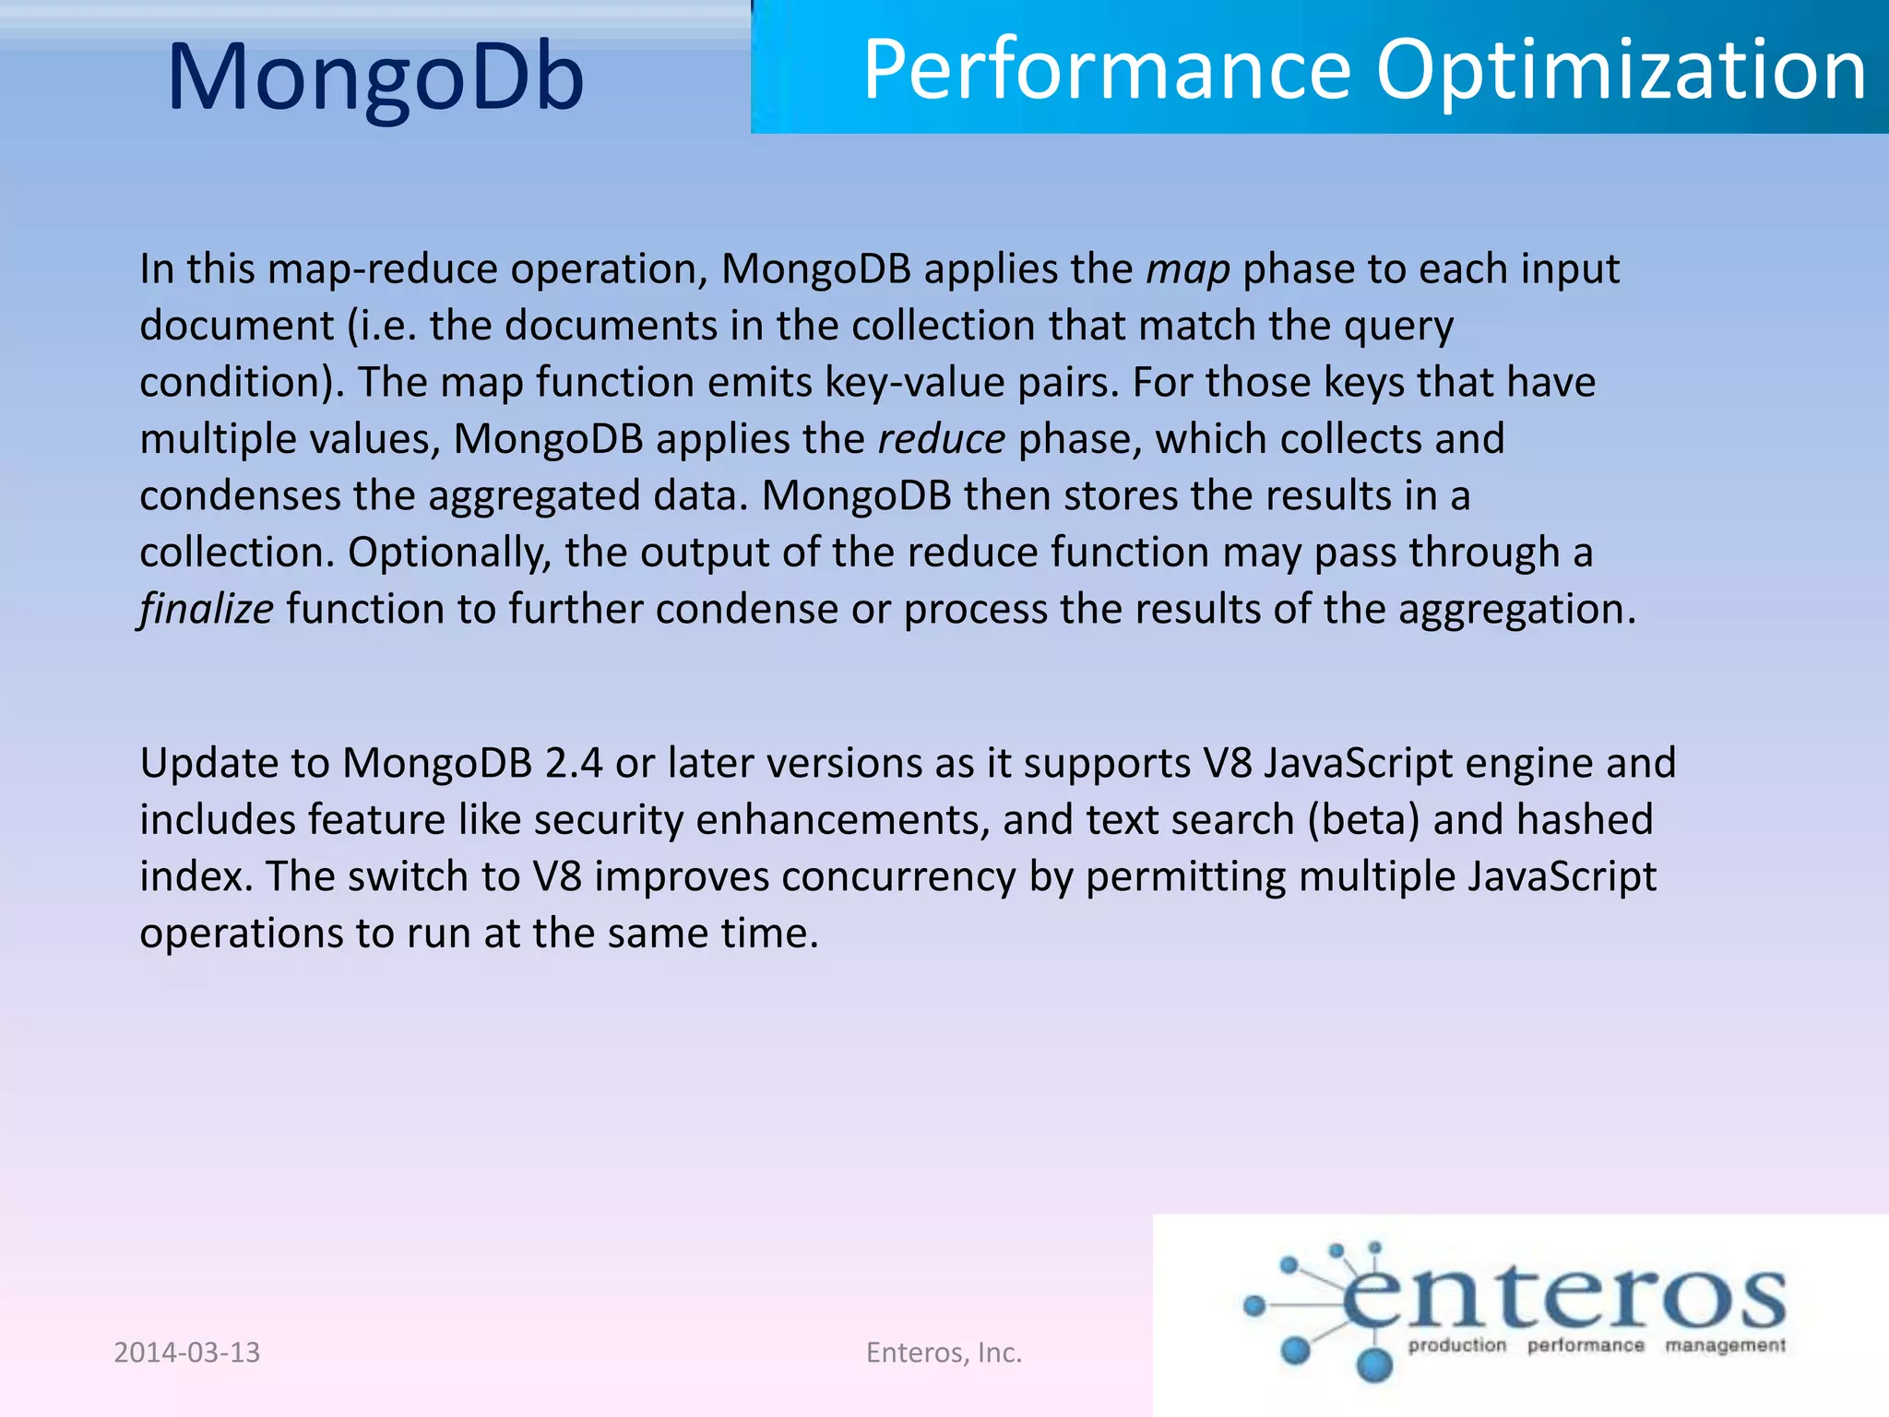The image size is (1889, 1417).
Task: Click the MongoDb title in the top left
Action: pyautogui.click(x=375, y=77)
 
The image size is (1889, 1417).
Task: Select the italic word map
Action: pyautogui.click(x=1187, y=269)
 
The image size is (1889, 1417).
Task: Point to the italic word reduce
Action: pyautogui.click(x=941, y=439)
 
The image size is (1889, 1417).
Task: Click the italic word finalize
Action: pyautogui.click(x=206, y=609)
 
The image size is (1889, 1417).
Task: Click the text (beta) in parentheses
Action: pyautogui.click(x=1363, y=820)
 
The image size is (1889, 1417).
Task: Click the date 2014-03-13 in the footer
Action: pyautogui.click(x=187, y=1352)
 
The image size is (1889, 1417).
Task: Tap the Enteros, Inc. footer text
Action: pyautogui.click(x=944, y=1352)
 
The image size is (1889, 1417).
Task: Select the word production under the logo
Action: pyautogui.click(x=1456, y=1346)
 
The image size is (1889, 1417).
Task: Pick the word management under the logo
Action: pyautogui.click(x=1725, y=1346)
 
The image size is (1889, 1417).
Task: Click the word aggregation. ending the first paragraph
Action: pyautogui.click(x=1516, y=609)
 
